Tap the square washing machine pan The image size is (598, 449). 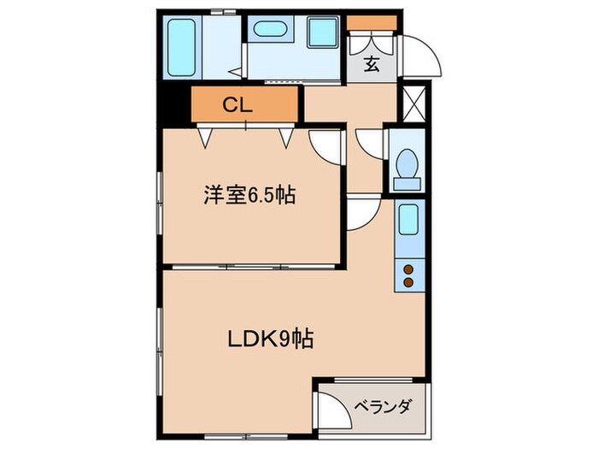pos(324,32)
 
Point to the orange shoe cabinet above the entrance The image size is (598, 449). pos(372,22)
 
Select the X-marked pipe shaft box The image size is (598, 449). pos(413,103)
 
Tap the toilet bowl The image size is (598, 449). pos(407,162)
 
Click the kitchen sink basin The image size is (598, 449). pos(408,220)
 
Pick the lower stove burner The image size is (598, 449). pos(408,282)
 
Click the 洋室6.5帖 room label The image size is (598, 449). pos(249,195)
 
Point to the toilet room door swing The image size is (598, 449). pos(371,142)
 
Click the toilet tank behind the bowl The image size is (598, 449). pos(407,181)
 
